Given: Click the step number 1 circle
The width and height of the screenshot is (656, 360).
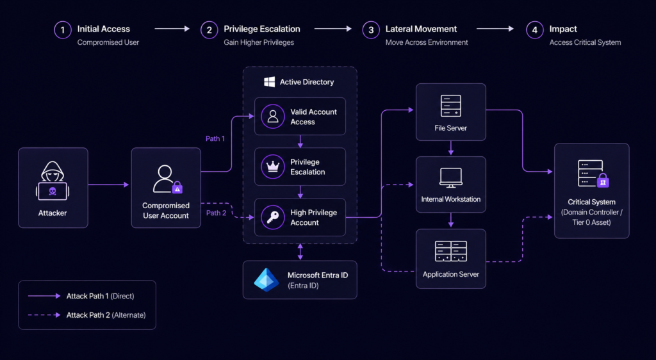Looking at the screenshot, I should (x=63, y=29).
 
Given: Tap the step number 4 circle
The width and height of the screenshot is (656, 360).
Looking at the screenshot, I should (x=534, y=29).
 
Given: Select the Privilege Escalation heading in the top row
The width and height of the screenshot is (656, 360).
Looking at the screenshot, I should (x=261, y=29).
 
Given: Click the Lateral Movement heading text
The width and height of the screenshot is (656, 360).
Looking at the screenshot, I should (x=421, y=29).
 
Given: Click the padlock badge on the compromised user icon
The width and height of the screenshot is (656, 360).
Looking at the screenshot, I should (x=177, y=188).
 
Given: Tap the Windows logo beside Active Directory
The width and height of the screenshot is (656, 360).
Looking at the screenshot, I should (x=270, y=82).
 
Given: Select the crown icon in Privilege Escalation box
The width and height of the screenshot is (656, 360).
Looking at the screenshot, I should (x=273, y=167).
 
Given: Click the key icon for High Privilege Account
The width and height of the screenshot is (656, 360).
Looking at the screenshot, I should (x=273, y=218).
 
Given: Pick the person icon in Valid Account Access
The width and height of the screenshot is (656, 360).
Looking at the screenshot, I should (x=273, y=117).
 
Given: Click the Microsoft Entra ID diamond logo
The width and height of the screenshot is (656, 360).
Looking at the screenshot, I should (x=266, y=280).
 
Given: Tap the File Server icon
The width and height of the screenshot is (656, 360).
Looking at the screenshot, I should (x=450, y=105).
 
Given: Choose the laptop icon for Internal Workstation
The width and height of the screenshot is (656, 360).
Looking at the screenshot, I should (x=450, y=177).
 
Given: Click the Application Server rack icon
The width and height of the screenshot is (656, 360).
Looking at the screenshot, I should (x=450, y=250).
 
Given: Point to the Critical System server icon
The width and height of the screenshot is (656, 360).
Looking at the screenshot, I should (x=590, y=174).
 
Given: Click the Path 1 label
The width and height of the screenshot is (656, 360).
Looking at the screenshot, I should (x=215, y=138).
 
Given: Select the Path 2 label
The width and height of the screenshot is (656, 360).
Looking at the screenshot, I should (x=215, y=213).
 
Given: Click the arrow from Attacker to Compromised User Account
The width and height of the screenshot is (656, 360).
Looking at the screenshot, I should (x=109, y=185).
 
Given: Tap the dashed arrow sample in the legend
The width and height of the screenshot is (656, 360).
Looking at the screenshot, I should (x=44, y=315).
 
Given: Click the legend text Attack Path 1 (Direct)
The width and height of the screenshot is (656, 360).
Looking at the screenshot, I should (x=100, y=296).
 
